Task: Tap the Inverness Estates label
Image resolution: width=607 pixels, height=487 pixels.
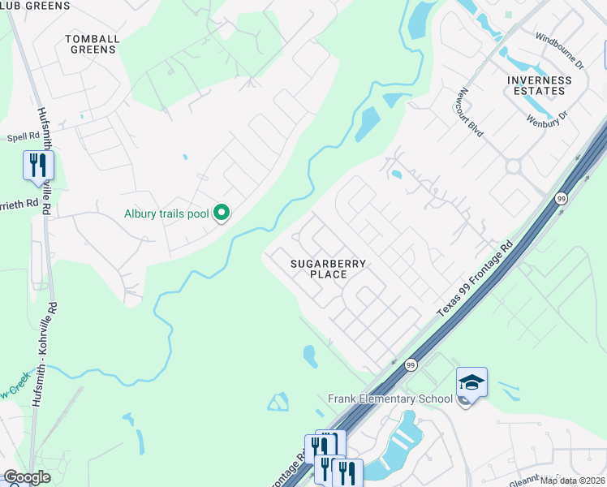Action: click(x=539, y=85)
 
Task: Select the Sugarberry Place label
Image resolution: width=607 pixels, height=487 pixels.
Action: click(x=329, y=269)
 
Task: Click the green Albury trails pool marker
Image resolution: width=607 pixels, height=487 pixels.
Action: click(x=222, y=214)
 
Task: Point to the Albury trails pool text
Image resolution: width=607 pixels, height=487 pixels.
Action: click(x=166, y=214)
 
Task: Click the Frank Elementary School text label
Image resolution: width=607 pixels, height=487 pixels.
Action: click(x=390, y=399)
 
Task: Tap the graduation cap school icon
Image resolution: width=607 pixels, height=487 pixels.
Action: click(x=471, y=381)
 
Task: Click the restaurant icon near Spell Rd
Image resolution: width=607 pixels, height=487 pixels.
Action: click(x=38, y=165)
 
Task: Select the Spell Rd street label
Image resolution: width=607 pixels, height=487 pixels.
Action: click(x=23, y=138)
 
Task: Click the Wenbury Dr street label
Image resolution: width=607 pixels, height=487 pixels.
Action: click(x=545, y=120)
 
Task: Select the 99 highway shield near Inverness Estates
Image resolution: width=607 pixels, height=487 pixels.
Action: click(x=561, y=198)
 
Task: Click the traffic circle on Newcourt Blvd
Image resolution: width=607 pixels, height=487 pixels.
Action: click(x=513, y=166)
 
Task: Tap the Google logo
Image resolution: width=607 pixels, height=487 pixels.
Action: click(x=28, y=477)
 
